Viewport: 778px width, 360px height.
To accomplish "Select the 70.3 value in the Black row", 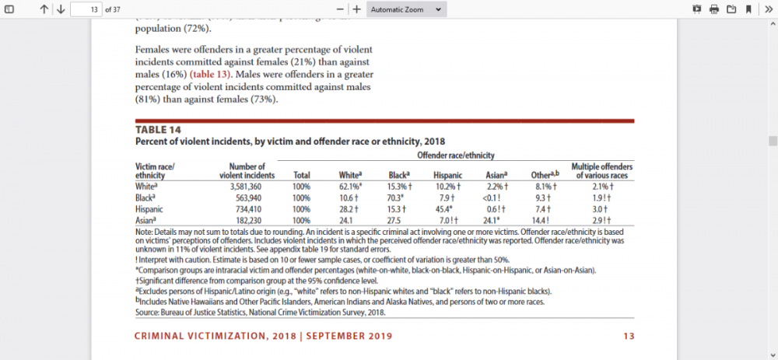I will pos(397,197).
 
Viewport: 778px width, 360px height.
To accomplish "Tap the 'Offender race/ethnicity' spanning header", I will pos(456,156).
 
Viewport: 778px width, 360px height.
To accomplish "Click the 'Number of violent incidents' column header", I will pos(243,171).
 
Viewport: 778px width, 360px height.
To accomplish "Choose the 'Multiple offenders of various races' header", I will pos(601,171).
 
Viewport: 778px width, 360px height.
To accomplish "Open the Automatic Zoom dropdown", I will pos(407,9).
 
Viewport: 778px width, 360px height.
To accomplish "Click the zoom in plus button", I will pos(356,9).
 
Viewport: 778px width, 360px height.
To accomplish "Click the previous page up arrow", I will pos(44,9).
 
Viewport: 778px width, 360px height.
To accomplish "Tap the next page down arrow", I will pos(61,9).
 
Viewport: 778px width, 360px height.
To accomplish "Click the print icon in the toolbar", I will pos(714,9).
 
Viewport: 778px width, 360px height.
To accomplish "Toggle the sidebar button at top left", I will pos(9,9).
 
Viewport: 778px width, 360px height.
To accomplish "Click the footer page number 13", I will pos(629,337).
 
